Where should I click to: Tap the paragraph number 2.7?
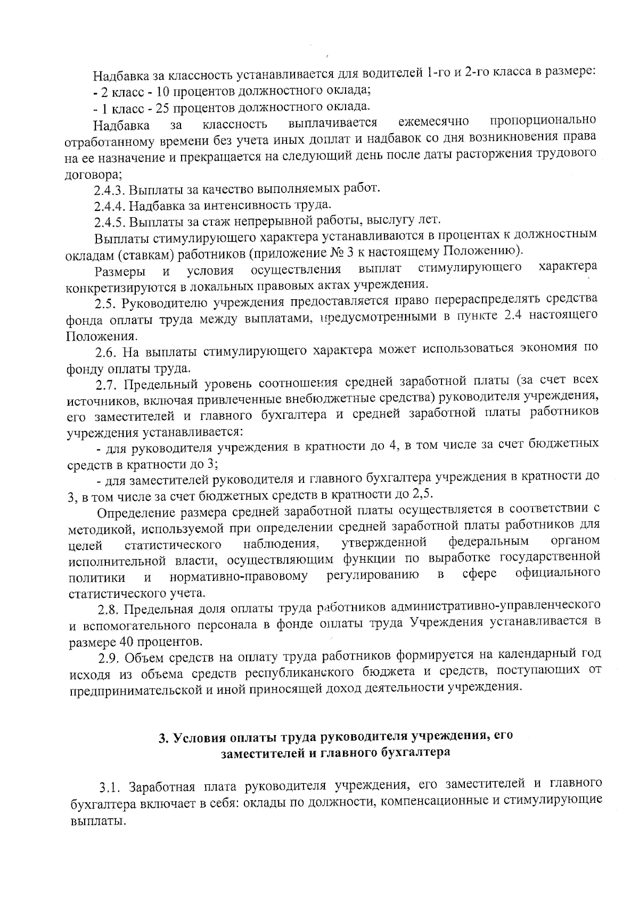coord(107,383)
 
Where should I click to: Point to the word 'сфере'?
coord(479,574)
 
